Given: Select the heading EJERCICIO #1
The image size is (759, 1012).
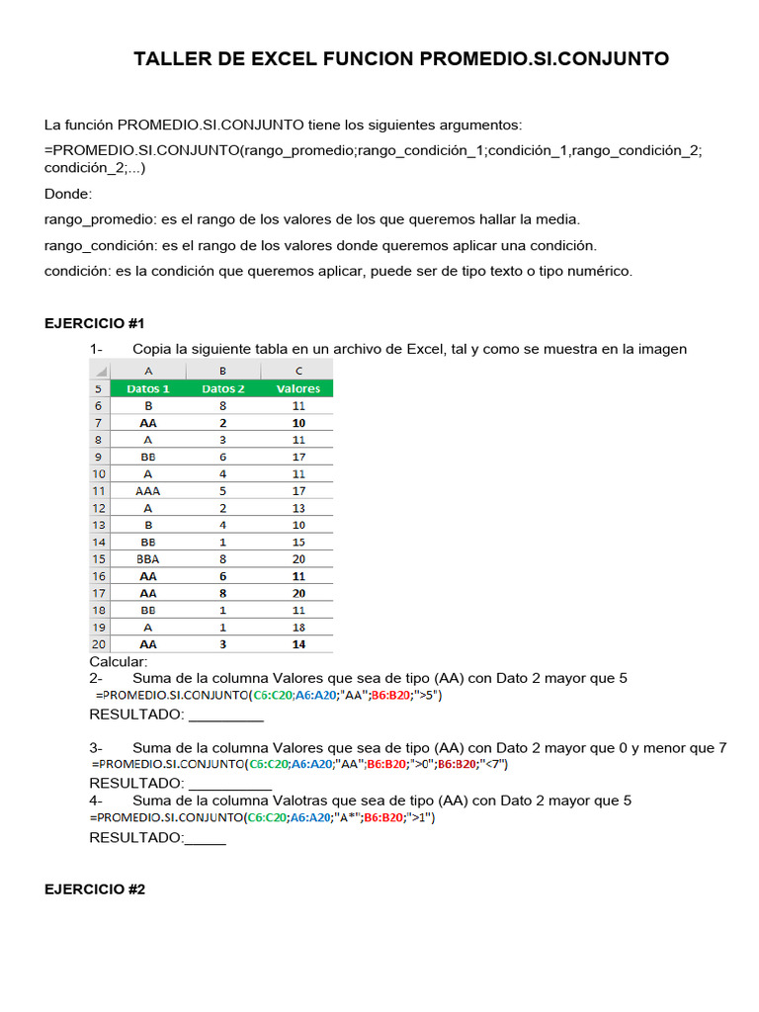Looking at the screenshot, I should (95, 323).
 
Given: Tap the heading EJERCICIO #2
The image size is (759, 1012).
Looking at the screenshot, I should (95, 889).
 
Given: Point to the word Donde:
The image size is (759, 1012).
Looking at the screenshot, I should (68, 194).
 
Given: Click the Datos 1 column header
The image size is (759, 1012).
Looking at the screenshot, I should (148, 388).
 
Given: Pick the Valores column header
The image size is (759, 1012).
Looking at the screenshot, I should (297, 388).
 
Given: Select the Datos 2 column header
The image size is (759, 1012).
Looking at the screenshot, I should (223, 388).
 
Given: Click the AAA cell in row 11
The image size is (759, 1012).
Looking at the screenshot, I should (148, 490).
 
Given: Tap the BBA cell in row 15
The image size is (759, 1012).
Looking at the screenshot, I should (148, 558).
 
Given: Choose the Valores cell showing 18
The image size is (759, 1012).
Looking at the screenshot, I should (298, 627).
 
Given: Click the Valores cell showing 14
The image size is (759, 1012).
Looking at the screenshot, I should (298, 644).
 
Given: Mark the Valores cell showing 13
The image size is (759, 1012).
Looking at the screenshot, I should (298, 507).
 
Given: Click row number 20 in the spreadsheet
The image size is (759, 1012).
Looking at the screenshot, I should (99, 644).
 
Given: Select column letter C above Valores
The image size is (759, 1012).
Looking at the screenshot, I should (297, 371).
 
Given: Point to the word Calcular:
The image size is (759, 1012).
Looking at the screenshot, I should (119, 661).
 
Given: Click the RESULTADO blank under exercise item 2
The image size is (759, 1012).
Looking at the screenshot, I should (232, 715).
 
